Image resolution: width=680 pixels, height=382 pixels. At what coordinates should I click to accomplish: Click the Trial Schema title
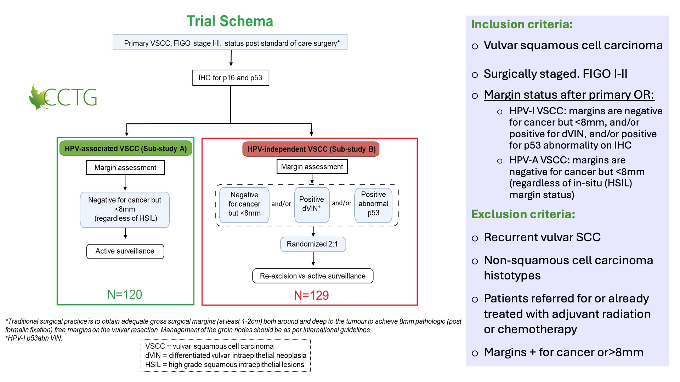pyautogui.click(x=230, y=21)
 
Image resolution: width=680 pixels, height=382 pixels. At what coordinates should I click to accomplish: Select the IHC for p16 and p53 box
pyautogui.click(x=231, y=78)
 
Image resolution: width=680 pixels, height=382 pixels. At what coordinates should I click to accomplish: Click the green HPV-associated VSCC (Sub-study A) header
pyautogui.click(x=126, y=149)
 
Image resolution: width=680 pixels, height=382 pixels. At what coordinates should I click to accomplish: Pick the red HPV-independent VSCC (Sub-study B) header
pyautogui.click(x=311, y=149)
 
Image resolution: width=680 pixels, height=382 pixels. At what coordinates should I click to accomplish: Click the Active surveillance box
pyautogui.click(x=125, y=251)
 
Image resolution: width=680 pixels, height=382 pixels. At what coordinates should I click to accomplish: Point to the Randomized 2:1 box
pyautogui.click(x=313, y=244)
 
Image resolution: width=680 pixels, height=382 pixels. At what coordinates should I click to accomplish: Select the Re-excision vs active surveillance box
pyautogui.click(x=313, y=276)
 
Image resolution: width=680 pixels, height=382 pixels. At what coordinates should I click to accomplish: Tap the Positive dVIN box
pyautogui.click(x=312, y=204)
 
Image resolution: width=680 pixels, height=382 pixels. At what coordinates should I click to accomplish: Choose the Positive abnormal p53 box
pyautogui.click(x=373, y=204)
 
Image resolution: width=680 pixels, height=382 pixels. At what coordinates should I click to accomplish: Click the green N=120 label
pyautogui.click(x=125, y=294)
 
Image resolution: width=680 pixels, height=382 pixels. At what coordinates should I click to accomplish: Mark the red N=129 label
pyautogui.click(x=311, y=295)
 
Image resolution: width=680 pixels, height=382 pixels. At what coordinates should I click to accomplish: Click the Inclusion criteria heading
pyautogui.click(x=522, y=24)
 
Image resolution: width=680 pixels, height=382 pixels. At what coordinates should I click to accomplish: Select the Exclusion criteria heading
pyautogui.click(x=523, y=214)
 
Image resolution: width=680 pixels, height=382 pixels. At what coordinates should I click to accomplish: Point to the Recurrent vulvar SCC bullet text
pyautogui.click(x=542, y=237)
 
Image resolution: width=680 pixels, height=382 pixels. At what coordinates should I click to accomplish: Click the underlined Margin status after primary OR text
pyautogui.click(x=569, y=95)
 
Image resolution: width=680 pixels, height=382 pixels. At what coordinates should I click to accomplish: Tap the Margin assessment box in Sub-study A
pyautogui.click(x=125, y=168)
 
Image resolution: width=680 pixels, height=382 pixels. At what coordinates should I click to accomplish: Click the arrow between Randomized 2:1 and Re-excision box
pyautogui.click(x=313, y=259)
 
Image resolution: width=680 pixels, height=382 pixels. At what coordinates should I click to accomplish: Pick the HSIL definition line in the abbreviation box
pyautogui.click(x=225, y=365)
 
